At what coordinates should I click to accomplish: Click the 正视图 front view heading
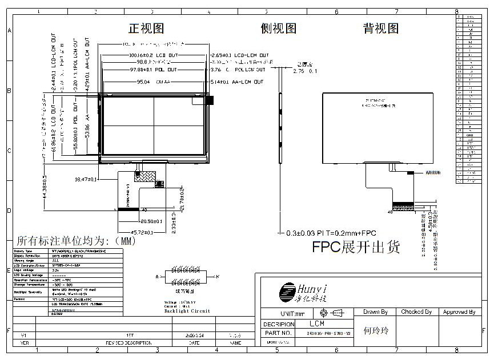pos(147,29)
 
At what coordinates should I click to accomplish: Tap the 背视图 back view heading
pos(381,29)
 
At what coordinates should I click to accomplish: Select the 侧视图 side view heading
pos(278,29)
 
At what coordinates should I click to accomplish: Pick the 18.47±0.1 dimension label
pos(87,179)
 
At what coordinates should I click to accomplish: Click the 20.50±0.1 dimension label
pos(151,221)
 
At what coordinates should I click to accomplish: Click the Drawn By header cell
pos(375,312)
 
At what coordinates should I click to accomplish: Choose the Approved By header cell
pos(459,312)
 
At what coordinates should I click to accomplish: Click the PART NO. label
pos(279,333)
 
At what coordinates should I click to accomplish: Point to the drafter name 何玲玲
pos(376,331)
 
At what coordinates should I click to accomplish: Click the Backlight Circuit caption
pos(187,311)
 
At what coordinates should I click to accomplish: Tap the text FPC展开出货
pos(356,247)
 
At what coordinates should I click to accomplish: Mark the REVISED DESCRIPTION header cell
pos(128,343)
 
